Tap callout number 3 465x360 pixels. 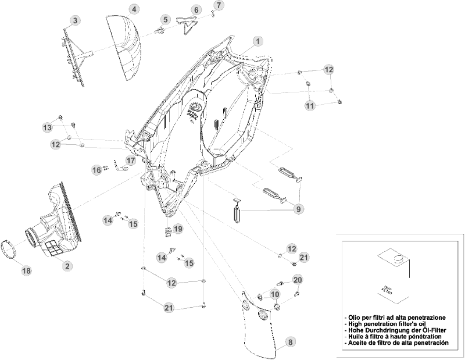(x=75, y=21)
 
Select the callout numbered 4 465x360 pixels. (x=134, y=9)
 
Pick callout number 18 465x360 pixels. (x=26, y=270)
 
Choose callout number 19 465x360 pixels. (x=178, y=229)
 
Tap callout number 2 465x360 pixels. (x=67, y=266)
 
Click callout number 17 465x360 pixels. (x=131, y=161)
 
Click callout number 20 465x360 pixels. (x=298, y=280)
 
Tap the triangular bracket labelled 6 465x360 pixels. (x=187, y=25)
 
